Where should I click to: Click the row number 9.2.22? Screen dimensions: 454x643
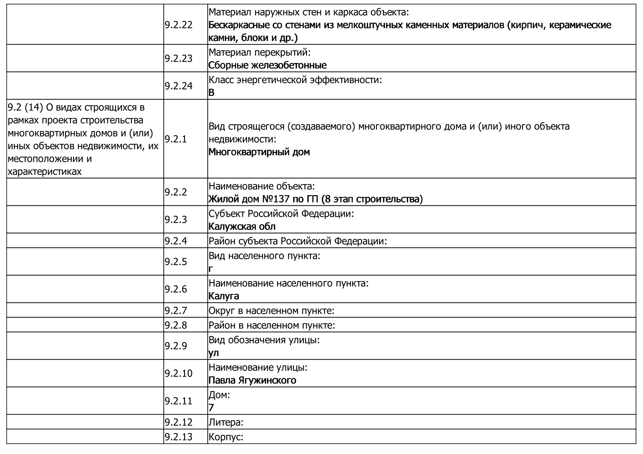pyautogui.click(x=178, y=25)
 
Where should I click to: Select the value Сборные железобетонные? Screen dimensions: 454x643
pyautogui.click(x=267, y=65)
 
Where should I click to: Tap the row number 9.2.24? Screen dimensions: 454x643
pyautogui.click(x=178, y=86)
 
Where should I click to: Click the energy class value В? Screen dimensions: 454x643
pyautogui.click(x=211, y=93)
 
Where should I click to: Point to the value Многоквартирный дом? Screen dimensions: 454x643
pyautogui.click(x=259, y=152)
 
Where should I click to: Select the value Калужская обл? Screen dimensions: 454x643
pyautogui.click(x=242, y=227)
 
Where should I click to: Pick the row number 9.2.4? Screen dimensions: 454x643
pyautogui.click(x=176, y=241)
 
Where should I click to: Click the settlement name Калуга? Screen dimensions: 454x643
pyautogui.click(x=224, y=296)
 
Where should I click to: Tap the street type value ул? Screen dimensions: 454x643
pyautogui.click(x=214, y=353)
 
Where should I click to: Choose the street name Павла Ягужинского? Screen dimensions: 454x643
pyautogui.click(x=252, y=380)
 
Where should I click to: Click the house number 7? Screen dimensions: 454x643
pyautogui.click(x=211, y=408)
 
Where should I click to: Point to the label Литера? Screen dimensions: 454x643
pyautogui.click(x=226, y=422)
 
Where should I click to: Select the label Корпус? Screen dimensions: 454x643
pyautogui.click(x=226, y=437)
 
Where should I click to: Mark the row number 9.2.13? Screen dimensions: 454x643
pyautogui.click(x=178, y=437)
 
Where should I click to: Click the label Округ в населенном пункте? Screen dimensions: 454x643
pyautogui.click(x=271, y=311)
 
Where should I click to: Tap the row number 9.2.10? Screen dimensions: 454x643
pyautogui.click(x=178, y=373)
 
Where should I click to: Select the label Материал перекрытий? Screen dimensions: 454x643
pyautogui.click(x=259, y=52)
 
